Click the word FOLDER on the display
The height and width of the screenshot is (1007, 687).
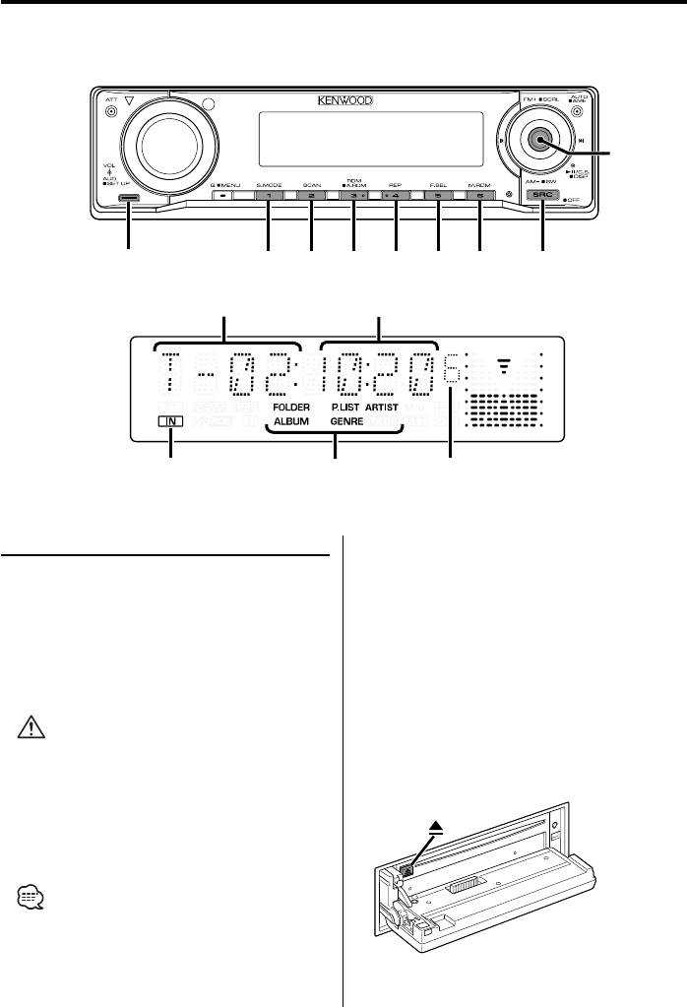click(292, 405)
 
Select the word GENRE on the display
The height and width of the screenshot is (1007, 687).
click(346, 420)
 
